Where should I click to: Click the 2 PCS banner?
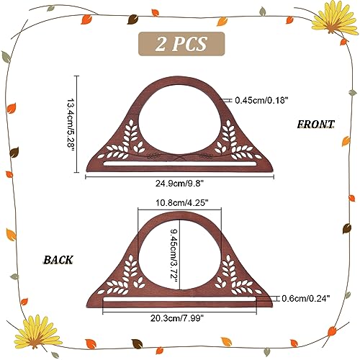pyautogui.click(x=181, y=44)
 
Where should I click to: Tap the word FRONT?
pyautogui.click(x=315, y=124)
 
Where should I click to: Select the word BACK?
pyautogui.click(x=58, y=260)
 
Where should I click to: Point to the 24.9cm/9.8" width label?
pyautogui.click(x=179, y=184)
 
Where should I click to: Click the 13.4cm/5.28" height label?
pyautogui.click(x=71, y=124)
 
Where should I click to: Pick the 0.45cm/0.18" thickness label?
pyautogui.click(x=261, y=100)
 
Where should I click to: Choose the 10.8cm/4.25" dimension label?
pyautogui.click(x=181, y=203)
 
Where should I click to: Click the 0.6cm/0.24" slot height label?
pyautogui.click(x=306, y=299)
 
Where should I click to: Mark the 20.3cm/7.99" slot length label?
pyautogui.click(x=177, y=318)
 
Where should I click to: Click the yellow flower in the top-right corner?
pyautogui.click(x=334, y=18)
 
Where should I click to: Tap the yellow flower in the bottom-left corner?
pyautogui.click(x=37, y=332)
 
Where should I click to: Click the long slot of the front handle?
pyautogui.click(x=180, y=163)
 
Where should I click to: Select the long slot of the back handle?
pyautogui.click(x=180, y=299)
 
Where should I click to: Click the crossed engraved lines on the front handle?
pyautogui.click(x=180, y=157)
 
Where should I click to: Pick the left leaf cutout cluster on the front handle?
pyautogui.click(x=121, y=143)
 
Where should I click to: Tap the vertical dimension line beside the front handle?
pyautogui.click(x=77, y=124)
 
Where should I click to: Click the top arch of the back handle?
pyautogui.click(x=180, y=215)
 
